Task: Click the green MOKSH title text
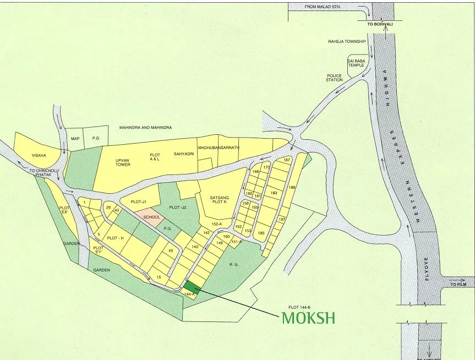pyautogui.click(x=308, y=319)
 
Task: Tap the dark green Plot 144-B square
pyautogui.click(x=191, y=286)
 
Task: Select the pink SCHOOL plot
pyautogui.click(x=151, y=217)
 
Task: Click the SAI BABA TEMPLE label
pyautogui.click(x=356, y=63)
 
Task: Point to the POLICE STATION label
pyautogui.click(x=334, y=78)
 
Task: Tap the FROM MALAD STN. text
pyautogui.click(x=324, y=7)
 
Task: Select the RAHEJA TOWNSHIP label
pyautogui.click(x=347, y=42)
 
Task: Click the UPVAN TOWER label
pyautogui.click(x=123, y=162)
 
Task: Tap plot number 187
pyautogui.click(x=286, y=160)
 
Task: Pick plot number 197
pyautogui.click(x=282, y=220)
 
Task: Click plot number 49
pyautogui.click(x=171, y=250)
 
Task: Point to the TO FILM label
pyautogui.click(x=458, y=285)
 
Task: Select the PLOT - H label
pyautogui.click(x=116, y=238)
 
